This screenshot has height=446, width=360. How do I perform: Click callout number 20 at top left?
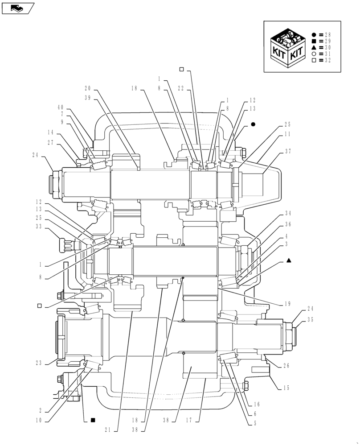click(87, 88)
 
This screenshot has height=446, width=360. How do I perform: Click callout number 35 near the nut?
click(310, 319)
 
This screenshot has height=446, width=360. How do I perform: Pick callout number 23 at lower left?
click(38, 363)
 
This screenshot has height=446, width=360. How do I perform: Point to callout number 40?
click(61, 107)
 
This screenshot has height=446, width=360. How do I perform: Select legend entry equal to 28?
click(321, 34)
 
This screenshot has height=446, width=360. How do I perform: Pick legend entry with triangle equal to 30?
click(321, 47)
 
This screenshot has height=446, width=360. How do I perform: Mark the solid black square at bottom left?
click(93, 420)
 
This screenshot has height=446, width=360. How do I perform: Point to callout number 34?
click(288, 213)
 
